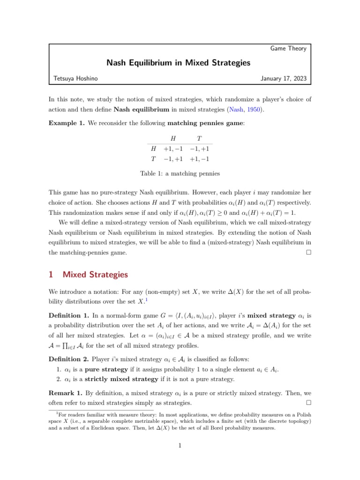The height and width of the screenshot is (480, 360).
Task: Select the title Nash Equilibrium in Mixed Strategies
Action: click(x=180, y=63)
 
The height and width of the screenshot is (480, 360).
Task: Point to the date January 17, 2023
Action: click(x=284, y=79)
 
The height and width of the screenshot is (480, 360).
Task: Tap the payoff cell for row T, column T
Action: click(x=200, y=158)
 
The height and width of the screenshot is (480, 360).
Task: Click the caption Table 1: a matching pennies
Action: click(x=180, y=173)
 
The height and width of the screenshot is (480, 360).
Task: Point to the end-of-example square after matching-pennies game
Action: click(x=307, y=253)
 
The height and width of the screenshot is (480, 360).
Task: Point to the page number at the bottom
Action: click(x=180, y=458)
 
